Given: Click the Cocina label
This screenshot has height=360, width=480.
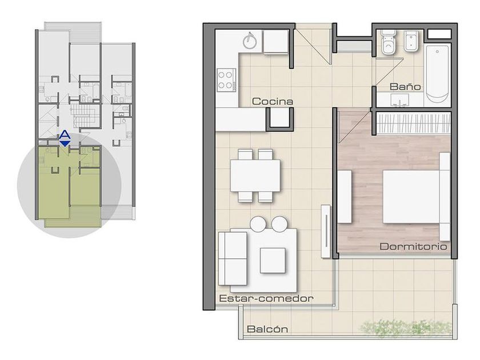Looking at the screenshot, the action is click(273, 101).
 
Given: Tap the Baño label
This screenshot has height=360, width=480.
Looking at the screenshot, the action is click(405, 87).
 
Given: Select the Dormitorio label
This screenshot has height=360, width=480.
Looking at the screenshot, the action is click(413, 246).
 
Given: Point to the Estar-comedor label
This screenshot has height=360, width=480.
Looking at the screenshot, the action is click(266, 298).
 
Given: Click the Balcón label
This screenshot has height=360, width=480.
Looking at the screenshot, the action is click(267, 329).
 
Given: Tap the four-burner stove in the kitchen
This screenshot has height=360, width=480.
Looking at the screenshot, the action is click(226, 80).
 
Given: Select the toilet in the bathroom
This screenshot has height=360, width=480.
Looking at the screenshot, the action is click(388, 42).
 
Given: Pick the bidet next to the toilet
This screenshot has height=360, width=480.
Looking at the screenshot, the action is click(410, 41).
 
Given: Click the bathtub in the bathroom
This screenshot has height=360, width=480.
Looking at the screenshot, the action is click(438, 74).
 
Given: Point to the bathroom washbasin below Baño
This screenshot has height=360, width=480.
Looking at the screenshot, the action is click(400, 100).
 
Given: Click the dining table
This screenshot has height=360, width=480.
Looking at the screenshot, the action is click(255, 176).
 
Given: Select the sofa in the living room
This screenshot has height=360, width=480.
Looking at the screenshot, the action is click(233, 259).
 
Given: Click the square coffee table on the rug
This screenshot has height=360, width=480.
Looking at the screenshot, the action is click(273, 260).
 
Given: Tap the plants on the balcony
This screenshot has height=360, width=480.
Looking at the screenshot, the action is click(407, 328).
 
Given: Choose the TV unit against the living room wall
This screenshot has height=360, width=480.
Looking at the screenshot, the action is click(326, 231).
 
